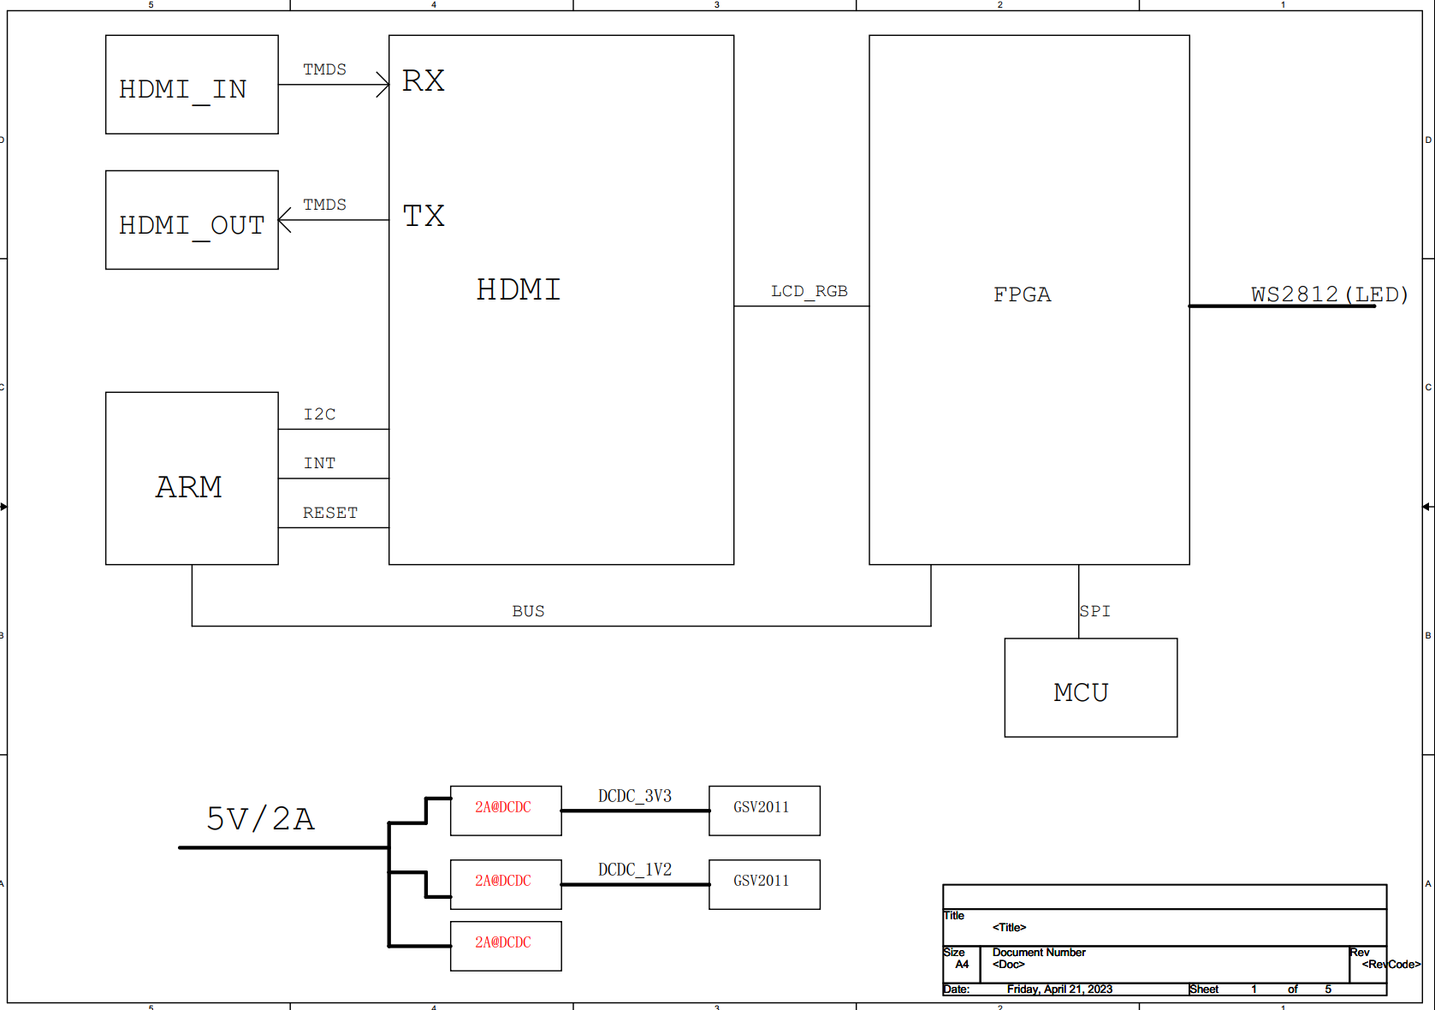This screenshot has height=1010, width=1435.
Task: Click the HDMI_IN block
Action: pyautogui.click(x=192, y=85)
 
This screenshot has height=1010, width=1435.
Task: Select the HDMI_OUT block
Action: pyautogui.click(x=192, y=220)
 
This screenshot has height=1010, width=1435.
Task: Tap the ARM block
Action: pyautogui.click(x=192, y=478)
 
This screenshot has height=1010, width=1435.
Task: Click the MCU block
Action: pyautogui.click(x=1090, y=687)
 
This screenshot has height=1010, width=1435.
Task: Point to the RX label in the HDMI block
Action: pyautogui.click(x=423, y=80)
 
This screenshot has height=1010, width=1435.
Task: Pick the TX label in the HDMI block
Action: pyautogui.click(x=423, y=216)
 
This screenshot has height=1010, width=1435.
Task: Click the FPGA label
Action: pyautogui.click(x=1022, y=294)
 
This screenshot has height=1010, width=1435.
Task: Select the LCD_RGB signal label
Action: pyautogui.click(x=809, y=292)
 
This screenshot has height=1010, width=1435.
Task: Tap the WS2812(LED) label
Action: pyautogui.click(x=1329, y=294)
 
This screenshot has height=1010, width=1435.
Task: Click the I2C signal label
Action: pyautogui.click(x=319, y=414)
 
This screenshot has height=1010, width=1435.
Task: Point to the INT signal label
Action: pyautogui.click(x=319, y=463)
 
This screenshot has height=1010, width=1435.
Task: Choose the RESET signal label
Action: pyautogui.click(x=330, y=513)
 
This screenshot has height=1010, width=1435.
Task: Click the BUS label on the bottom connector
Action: pyautogui.click(x=528, y=611)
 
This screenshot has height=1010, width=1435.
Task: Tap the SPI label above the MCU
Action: pyautogui.click(x=1094, y=611)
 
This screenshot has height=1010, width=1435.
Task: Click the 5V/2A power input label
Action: pyautogui.click(x=260, y=818)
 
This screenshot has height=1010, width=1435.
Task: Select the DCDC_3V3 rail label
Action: pyautogui.click(x=634, y=796)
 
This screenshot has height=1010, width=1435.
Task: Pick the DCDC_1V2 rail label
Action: pyautogui.click(x=634, y=870)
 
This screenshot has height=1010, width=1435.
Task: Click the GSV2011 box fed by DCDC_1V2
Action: pyautogui.click(x=764, y=884)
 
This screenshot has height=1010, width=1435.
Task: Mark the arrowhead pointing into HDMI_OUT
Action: pyautogui.click(x=284, y=220)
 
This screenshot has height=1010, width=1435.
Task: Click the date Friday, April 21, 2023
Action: pyautogui.click(x=1059, y=989)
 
